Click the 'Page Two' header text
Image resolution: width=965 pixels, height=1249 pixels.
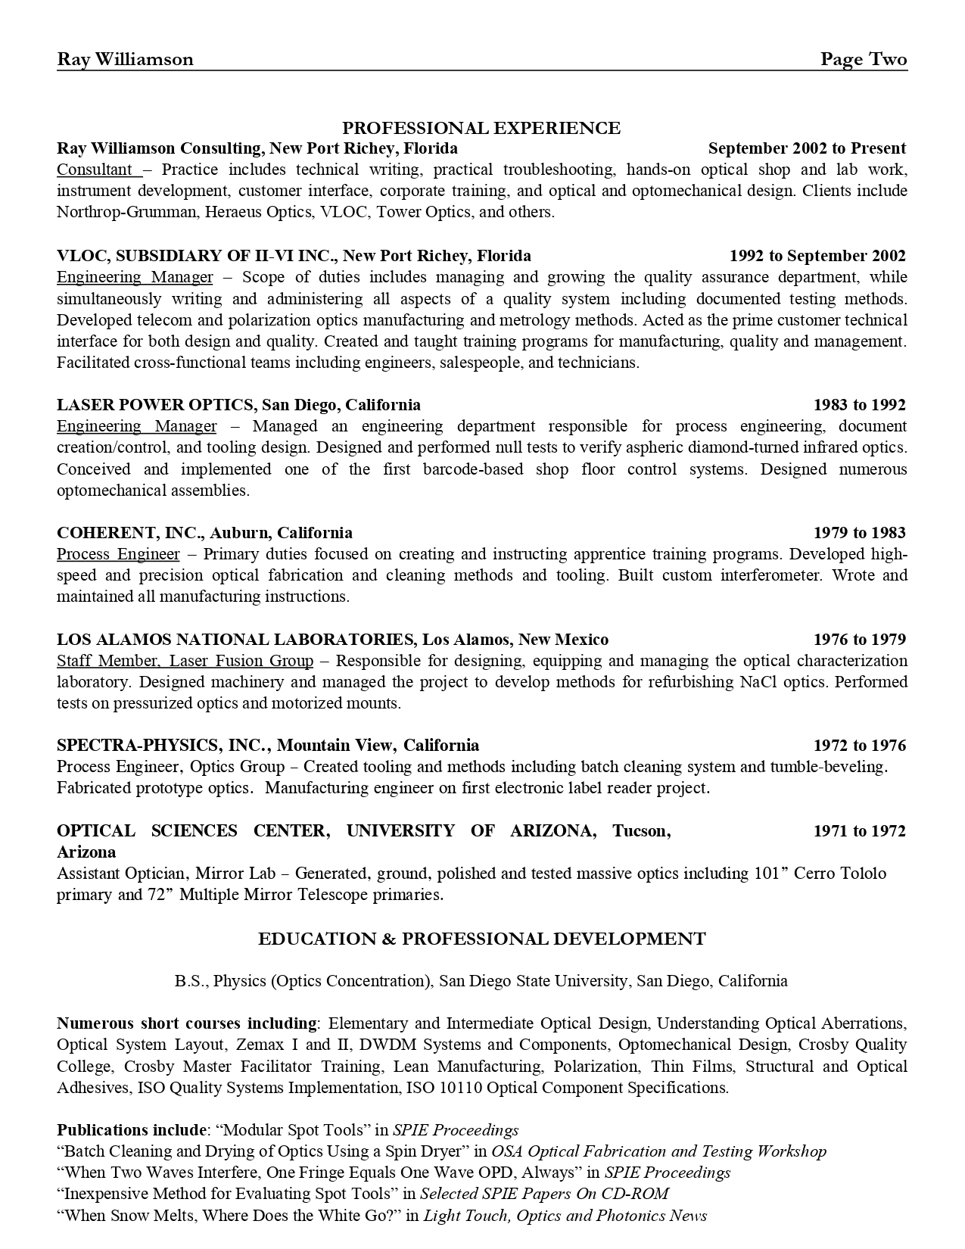(864, 60)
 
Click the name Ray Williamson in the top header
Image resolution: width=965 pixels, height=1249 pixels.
(125, 60)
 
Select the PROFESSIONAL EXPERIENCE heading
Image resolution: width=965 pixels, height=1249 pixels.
(481, 128)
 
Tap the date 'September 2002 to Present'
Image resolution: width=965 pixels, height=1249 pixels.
(807, 148)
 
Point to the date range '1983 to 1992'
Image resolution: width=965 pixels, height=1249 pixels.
(859, 405)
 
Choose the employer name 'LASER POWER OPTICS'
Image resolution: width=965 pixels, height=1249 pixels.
(155, 405)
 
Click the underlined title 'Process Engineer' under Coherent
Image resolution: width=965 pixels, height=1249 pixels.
(118, 554)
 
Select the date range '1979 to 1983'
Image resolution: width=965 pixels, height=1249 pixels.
(859, 533)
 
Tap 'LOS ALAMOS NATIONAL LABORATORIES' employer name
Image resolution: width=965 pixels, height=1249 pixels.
(235, 640)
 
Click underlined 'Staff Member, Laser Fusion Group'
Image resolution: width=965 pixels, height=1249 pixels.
(185, 661)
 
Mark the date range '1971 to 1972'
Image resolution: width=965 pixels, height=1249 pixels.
(859, 831)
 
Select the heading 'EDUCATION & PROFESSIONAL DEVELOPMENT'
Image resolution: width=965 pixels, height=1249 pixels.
(481, 939)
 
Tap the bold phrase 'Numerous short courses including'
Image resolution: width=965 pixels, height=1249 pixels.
(187, 1023)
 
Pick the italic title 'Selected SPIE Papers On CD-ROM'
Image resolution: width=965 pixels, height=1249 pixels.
(544, 1194)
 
